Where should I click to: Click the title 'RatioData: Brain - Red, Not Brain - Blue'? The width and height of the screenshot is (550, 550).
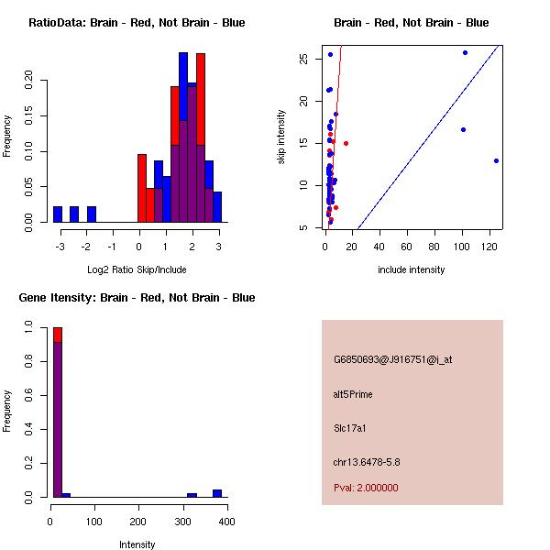[137, 23]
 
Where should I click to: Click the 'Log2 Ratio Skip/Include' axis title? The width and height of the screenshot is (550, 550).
[137, 269]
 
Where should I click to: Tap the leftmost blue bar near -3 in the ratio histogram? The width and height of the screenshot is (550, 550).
[58, 214]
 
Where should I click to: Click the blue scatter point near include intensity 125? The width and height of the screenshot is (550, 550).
[496, 160]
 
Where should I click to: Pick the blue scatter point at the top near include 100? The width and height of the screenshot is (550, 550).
[465, 53]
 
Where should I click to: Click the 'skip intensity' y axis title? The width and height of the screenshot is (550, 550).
[281, 137]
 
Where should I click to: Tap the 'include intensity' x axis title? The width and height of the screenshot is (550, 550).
[411, 269]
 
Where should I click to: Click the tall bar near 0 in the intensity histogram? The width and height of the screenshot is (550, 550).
[58, 412]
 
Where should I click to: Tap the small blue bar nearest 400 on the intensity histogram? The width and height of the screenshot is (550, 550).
[217, 493]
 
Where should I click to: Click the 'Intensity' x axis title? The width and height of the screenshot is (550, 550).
[137, 544]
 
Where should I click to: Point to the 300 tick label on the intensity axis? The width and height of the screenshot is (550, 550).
[181, 522]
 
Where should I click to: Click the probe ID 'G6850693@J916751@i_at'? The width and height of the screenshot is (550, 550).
[392, 359]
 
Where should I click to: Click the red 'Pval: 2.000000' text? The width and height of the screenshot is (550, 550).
[366, 488]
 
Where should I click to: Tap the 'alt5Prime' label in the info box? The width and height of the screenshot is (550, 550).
[353, 394]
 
